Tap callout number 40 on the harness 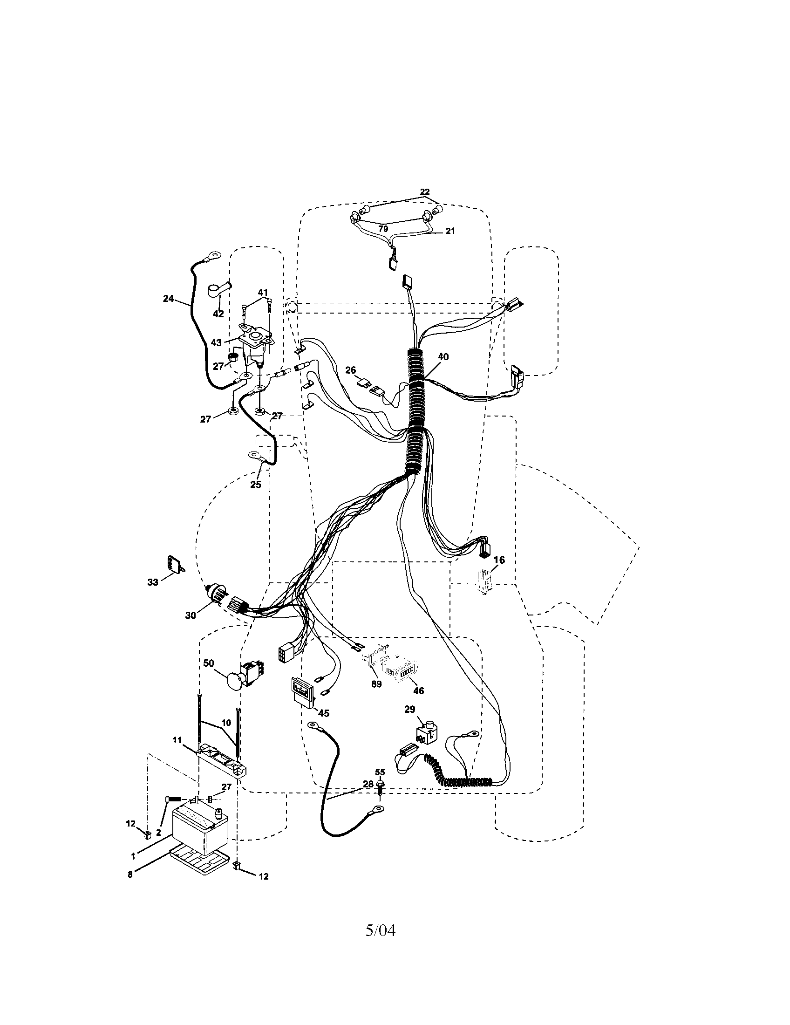(443, 357)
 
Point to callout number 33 (153, 582)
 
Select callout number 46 (418, 704)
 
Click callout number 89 (377, 697)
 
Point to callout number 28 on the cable (368, 783)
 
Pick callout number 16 (499, 560)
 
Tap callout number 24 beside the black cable (169, 298)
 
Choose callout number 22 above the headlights (424, 192)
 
